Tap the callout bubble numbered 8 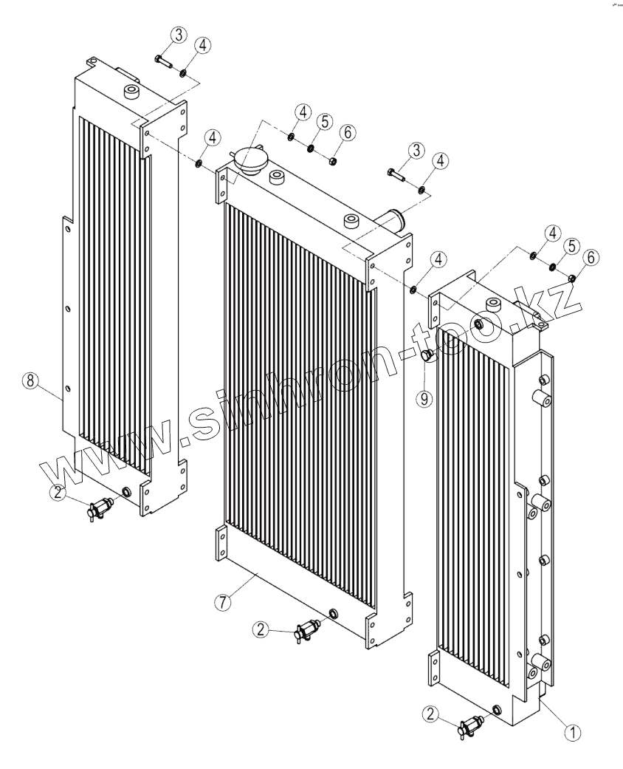[x=30, y=380]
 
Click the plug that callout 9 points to [x=426, y=356]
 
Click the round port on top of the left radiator [x=133, y=92]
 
